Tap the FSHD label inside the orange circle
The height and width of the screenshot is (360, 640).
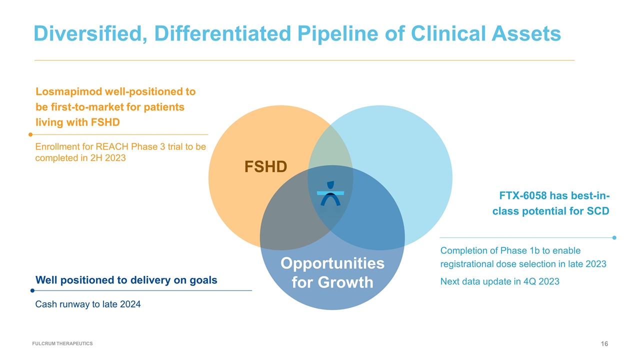tap(265, 166)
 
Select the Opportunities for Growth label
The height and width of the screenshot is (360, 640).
tap(332, 272)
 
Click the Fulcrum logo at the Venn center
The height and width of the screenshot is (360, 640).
tap(330, 193)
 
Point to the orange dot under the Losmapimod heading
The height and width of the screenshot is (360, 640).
tap(30, 134)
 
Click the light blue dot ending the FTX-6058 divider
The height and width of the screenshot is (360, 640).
tap(614, 237)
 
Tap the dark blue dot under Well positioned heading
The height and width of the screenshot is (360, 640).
tap(32, 290)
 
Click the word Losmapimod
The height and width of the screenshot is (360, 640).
tap(69, 91)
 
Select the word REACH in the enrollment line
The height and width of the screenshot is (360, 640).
tap(112, 146)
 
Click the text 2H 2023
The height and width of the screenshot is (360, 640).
tap(108, 158)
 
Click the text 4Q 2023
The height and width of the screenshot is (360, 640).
tap(541, 281)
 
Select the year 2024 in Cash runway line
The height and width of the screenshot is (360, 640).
tap(130, 304)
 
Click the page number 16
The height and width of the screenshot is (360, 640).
tap(604, 343)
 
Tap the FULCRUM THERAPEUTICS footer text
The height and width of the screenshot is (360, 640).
tap(62, 343)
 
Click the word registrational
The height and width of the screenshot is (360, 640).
tap(467, 264)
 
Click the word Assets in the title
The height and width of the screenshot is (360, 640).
tap(526, 33)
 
